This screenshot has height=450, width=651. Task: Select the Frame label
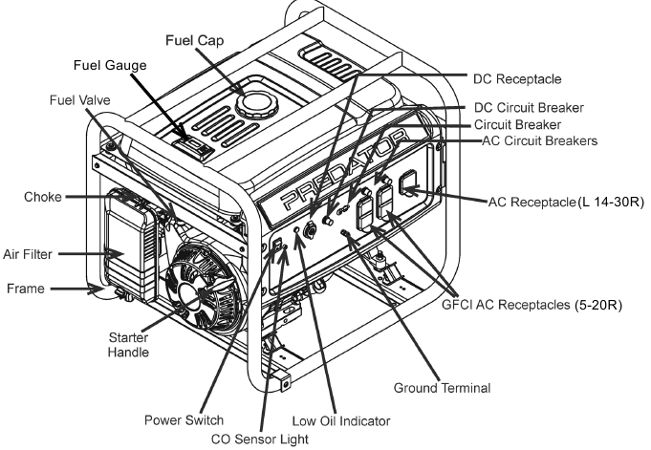coord(25,286)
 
